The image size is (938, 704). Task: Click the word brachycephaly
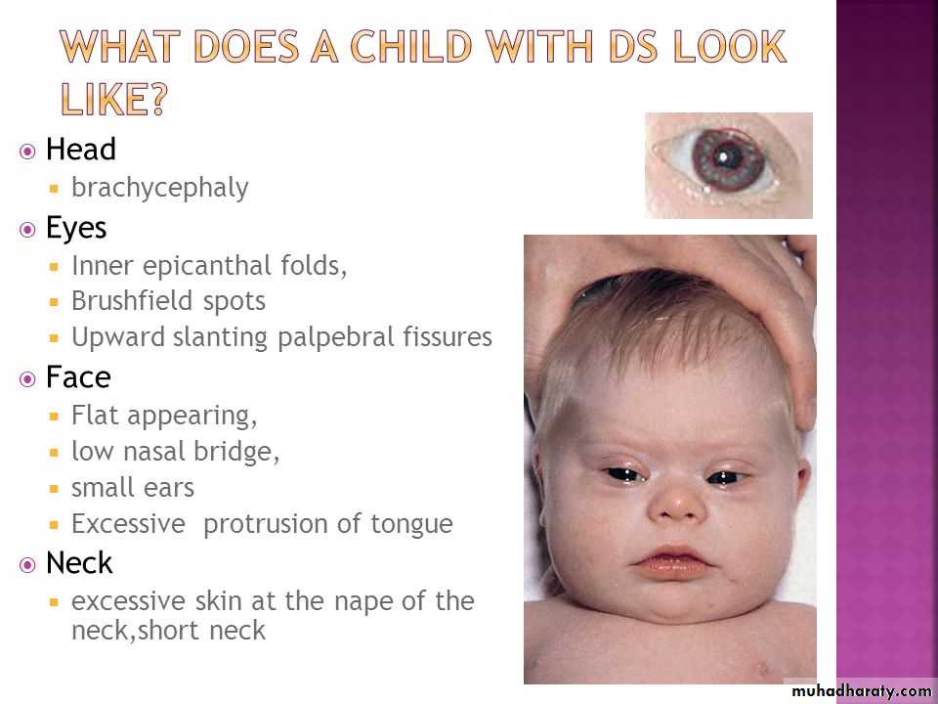tap(159, 189)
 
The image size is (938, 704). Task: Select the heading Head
tap(81, 149)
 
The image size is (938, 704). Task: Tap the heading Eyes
tap(76, 229)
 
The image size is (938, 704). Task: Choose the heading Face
tap(78, 377)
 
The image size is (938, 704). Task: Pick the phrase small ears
tap(133, 488)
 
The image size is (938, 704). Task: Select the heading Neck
tap(79, 563)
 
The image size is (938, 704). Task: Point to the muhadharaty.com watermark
tap(862, 691)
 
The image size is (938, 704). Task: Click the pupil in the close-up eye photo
tap(724, 156)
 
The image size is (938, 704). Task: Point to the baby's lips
tap(671, 560)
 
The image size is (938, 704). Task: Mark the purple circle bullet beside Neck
tap(27, 564)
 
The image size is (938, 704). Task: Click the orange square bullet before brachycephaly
tap(55, 189)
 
